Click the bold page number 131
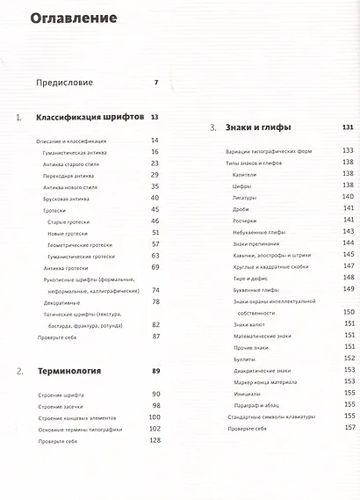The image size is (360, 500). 347,127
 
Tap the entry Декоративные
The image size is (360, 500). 61,301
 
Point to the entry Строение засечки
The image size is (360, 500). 62,405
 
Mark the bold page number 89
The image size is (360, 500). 155,371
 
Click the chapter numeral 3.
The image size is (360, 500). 212,128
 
